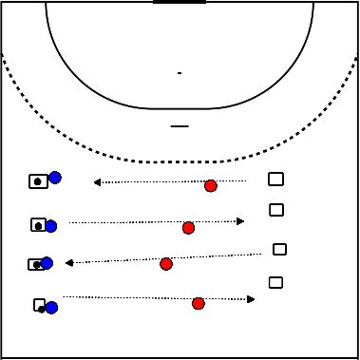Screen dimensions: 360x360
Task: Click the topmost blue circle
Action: tap(55, 177)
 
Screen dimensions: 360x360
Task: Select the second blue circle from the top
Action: tap(51, 226)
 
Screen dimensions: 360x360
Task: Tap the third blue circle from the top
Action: tap(47, 262)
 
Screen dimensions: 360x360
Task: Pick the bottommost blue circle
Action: tap(52, 307)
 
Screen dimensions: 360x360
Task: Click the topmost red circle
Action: tap(211, 186)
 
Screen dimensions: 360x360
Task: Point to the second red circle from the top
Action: tap(188, 228)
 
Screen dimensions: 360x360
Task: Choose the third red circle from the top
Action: tap(166, 263)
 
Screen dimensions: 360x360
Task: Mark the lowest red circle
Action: tap(199, 304)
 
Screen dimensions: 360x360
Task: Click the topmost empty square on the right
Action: tap(276, 179)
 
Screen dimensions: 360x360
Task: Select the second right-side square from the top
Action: tap(276, 210)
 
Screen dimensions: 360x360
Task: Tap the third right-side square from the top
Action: tap(279, 249)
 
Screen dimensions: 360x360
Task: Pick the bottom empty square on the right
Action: tap(276, 282)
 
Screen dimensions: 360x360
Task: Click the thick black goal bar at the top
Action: tap(179, 3)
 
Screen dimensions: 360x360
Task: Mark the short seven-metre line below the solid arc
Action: tap(179, 125)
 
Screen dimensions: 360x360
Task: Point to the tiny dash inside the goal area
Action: tap(179, 72)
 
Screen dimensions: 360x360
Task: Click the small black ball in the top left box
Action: tap(36, 180)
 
